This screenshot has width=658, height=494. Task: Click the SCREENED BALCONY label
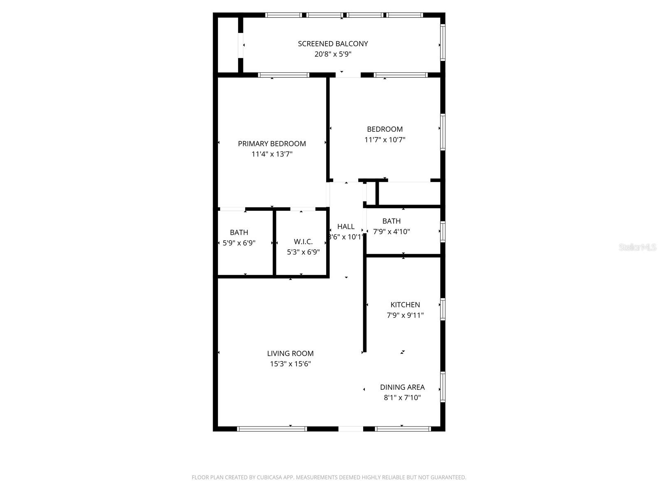(x=333, y=44)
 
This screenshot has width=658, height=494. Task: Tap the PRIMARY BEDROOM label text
(x=272, y=144)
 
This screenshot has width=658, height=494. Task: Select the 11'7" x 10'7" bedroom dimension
(x=385, y=140)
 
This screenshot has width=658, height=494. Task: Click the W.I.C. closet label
(x=303, y=242)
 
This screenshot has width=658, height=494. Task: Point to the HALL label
(x=346, y=226)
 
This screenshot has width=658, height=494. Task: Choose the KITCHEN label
(x=405, y=305)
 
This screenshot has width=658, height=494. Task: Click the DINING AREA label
(x=402, y=387)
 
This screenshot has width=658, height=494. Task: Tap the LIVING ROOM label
(x=290, y=353)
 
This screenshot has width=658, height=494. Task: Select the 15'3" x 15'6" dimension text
(x=290, y=364)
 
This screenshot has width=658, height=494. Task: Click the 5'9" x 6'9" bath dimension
(x=239, y=243)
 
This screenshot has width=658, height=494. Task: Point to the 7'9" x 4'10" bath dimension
(x=392, y=231)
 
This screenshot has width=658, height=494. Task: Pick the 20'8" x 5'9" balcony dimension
(x=333, y=54)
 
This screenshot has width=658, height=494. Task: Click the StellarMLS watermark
(x=637, y=247)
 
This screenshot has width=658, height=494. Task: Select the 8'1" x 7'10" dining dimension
(x=402, y=398)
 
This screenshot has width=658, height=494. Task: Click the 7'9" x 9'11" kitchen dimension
(x=405, y=315)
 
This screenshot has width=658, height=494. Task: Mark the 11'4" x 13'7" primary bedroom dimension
(x=272, y=154)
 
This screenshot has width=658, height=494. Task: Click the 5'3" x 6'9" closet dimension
(x=303, y=252)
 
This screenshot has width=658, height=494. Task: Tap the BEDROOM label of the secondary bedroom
(x=385, y=129)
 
